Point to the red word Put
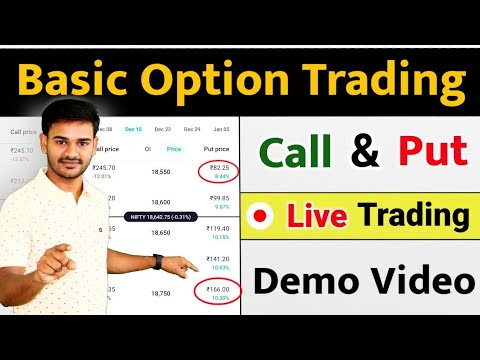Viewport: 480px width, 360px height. coord(431,152)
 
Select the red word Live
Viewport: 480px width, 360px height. coord(342,216)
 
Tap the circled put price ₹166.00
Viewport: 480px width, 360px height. coord(216,292)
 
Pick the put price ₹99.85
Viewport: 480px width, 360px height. coord(217,198)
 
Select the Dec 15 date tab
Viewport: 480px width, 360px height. coord(133,130)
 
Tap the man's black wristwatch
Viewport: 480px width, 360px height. coord(158,262)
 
